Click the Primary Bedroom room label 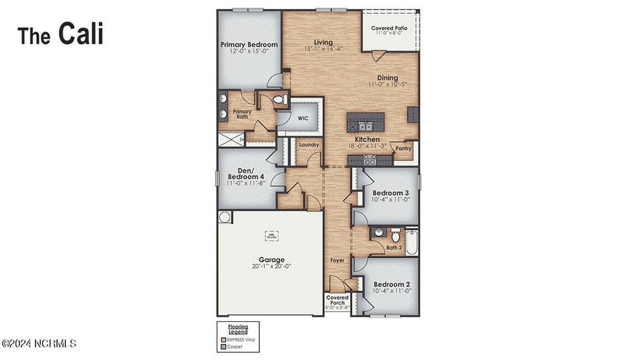click(x=249, y=45)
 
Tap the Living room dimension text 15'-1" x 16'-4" click(x=323, y=48)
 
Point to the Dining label click(x=383, y=78)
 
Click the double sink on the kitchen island click(x=365, y=126)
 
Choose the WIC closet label click(x=302, y=119)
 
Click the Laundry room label click(x=309, y=145)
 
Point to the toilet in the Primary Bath click(x=279, y=100)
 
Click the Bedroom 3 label click(x=390, y=193)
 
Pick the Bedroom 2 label click(x=391, y=284)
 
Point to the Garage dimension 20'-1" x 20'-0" click(x=271, y=266)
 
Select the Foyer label click(x=337, y=260)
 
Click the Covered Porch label click(x=337, y=301)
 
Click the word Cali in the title click(x=81, y=34)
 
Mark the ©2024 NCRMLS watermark click(x=39, y=343)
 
